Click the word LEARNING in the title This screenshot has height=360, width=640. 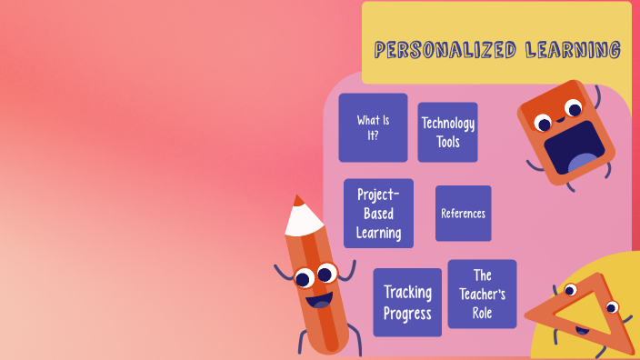point(573,50)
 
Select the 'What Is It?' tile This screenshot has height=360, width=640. point(373,127)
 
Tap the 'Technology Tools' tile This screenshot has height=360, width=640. point(447,133)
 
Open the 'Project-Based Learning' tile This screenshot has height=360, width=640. point(378,214)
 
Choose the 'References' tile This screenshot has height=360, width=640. point(463,214)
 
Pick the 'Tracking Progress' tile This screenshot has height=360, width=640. point(407,303)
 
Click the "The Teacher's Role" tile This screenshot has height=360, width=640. point(482,294)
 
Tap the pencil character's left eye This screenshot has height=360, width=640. point(303,275)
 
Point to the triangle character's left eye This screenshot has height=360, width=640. point(570,291)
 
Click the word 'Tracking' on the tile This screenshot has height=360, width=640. point(407,292)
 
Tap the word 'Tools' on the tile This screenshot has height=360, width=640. point(447,142)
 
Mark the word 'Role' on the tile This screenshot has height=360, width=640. point(482,313)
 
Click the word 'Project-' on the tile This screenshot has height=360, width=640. point(378,195)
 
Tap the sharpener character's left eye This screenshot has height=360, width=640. point(544,123)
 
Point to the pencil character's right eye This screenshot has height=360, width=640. point(325,271)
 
